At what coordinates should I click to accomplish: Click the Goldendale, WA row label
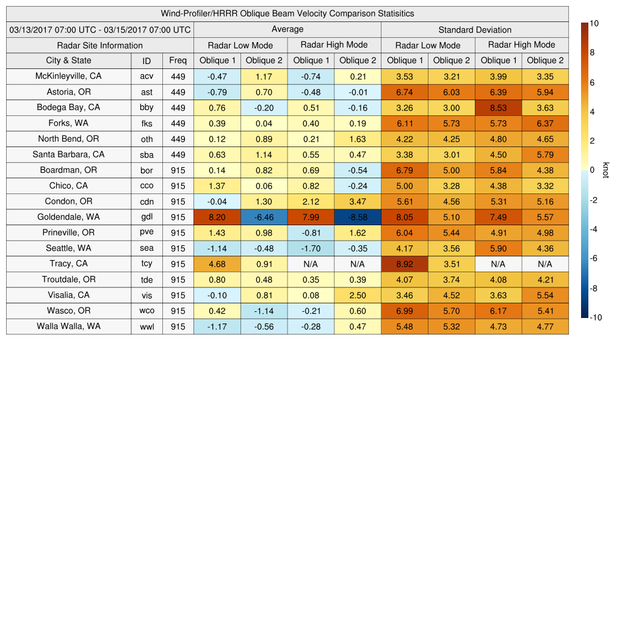68,217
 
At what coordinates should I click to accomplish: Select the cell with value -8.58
357,217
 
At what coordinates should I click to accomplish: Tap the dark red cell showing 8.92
404,264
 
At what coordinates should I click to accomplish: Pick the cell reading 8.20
217,217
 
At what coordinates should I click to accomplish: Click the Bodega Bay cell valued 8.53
498,108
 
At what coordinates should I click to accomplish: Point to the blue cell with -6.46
264,217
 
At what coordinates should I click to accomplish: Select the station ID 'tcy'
146,264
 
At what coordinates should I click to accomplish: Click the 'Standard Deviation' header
475,30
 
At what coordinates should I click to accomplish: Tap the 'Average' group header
287,29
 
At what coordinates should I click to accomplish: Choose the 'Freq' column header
178,61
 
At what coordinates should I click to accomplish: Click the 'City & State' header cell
68,61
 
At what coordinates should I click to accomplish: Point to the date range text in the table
100,30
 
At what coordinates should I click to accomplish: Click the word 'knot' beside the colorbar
605,170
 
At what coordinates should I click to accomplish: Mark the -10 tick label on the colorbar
596,317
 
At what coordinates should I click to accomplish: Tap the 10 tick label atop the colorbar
594,23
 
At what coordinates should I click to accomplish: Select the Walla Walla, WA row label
68,327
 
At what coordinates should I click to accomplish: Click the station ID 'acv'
146,77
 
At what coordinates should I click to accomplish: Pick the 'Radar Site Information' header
99,46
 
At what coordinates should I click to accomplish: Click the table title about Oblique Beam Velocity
287,13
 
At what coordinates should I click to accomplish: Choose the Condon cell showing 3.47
357,202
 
